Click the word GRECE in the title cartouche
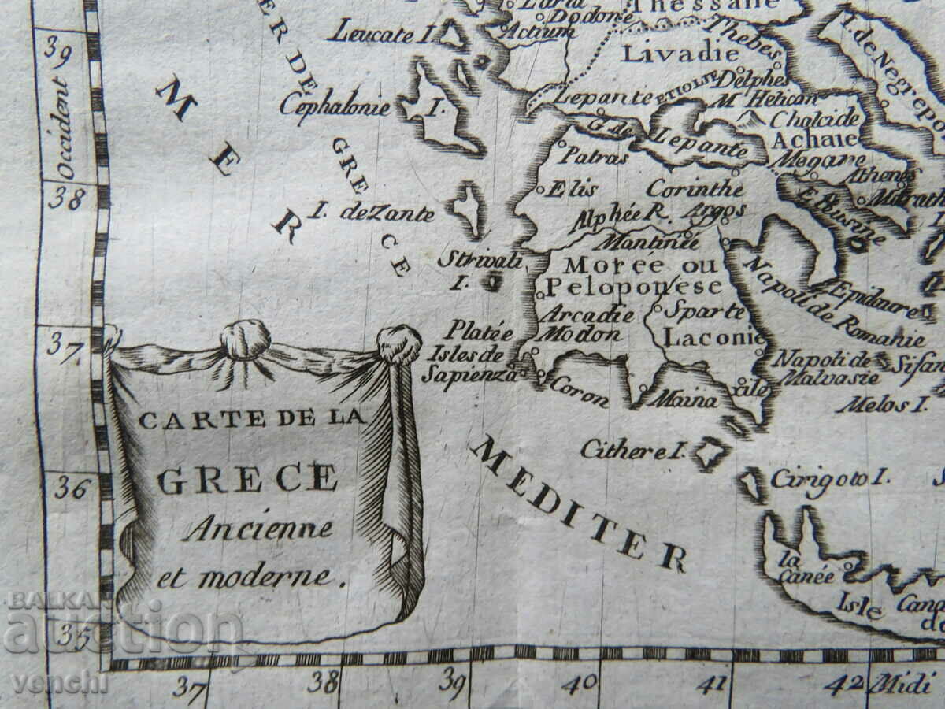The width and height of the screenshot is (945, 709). point(248,479)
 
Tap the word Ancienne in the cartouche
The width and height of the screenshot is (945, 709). point(258,529)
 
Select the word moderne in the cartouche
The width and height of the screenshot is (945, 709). point(272,577)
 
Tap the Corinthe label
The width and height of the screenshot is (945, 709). point(695,189)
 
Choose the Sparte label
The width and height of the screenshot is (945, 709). point(704,310)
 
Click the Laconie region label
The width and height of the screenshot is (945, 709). point(713,338)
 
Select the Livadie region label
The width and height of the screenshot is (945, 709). point(679,54)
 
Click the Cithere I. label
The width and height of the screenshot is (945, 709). point(630,450)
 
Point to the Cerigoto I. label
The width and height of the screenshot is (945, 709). point(828,477)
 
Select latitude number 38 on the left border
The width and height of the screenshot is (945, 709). point(66,197)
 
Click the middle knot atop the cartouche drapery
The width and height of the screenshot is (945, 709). point(245,339)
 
